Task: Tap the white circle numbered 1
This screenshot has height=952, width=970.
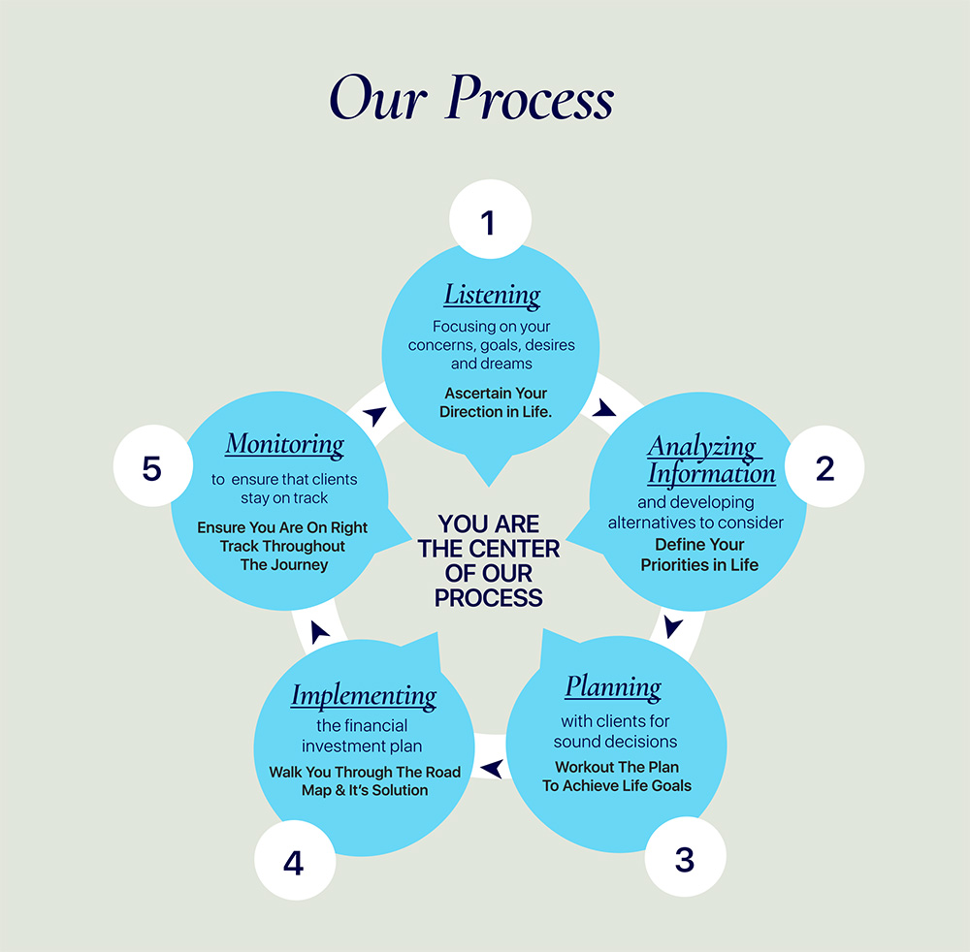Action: pos(489,222)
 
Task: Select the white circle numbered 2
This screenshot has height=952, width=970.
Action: pos(824,468)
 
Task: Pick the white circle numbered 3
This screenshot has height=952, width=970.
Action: pos(685,859)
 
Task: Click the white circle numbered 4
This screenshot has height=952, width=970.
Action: pos(294,862)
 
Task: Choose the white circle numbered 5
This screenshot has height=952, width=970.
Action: pos(152,468)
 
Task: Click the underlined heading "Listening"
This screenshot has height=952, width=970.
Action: pos(493,295)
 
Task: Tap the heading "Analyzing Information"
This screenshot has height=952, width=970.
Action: pos(711,460)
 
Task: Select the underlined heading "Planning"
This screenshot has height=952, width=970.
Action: pos(613,687)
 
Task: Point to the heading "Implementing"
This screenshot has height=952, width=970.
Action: pos(364,695)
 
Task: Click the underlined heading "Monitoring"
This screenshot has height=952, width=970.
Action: pos(284,445)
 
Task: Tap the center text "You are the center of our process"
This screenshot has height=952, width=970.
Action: pos(488,561)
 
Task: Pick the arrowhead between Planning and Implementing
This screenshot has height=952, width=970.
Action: pos(493,769)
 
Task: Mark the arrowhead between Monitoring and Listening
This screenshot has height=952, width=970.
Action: pos(373,415)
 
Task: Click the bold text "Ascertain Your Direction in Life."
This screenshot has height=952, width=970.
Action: pos(495,402)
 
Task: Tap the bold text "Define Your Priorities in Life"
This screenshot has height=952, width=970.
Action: pos(699,555)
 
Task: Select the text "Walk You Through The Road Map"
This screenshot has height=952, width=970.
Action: pos(365,773)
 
